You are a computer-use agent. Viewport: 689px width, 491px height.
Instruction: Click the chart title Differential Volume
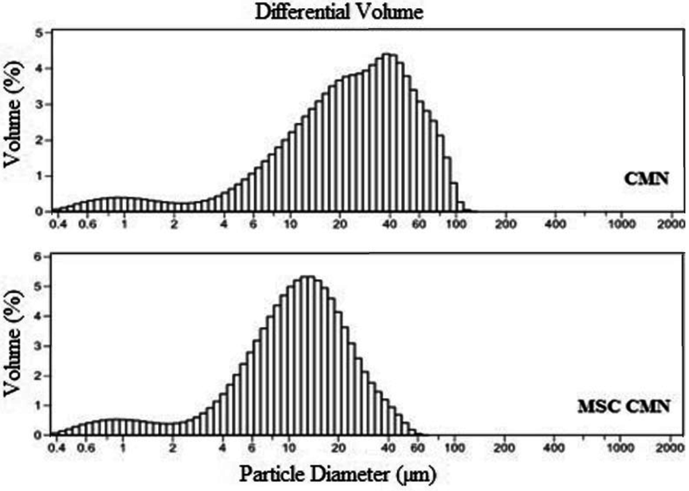tap(339, 12)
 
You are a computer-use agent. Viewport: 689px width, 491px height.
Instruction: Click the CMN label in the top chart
tap(645, 180)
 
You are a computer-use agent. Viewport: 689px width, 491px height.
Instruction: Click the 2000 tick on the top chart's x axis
tap(670, 224)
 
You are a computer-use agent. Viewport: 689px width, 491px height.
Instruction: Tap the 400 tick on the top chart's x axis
tap(554, 224)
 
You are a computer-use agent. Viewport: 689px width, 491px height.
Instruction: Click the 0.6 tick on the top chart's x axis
tap(86, 224)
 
